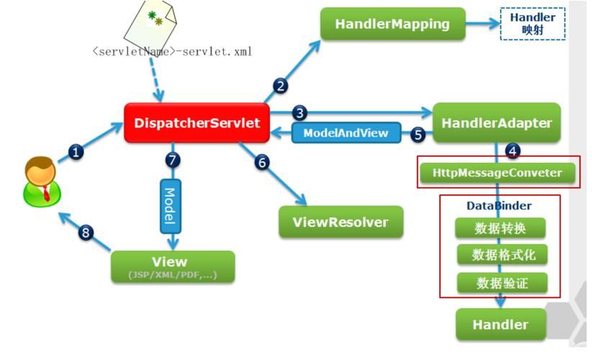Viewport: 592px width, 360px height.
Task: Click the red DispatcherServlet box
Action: pyautogui.click(x=197, y=122)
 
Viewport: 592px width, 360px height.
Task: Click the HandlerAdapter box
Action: pyautogui.click(x=496, y=122)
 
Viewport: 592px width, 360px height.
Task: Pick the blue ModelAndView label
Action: pyautogui.click(x=345, y=133)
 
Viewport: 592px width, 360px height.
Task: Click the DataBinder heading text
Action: pyautogui.click(x=498, y=206)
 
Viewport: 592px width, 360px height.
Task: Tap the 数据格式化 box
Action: pyautogui.click(x=500, y=254)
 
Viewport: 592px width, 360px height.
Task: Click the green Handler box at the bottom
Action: pyautogui.click(x=500, y=324)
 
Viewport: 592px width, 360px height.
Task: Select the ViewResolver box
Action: pyautogui.click(x=341, y=222)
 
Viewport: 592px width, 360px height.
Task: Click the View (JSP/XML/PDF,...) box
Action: pyautogui.click(x=172, y=266)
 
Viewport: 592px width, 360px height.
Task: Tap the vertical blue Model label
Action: pyautogui.click(x=170, y=205)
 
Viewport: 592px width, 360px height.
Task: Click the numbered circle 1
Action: pyautogui.click(x=76, y=152)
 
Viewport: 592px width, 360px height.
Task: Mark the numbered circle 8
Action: pyautogui.click(x=86, y=232)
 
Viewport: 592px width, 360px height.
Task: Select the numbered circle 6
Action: pyautogui.click(x=261, y=162)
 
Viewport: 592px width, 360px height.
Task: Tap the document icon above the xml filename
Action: pyautogui.click(x=151, y=22)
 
